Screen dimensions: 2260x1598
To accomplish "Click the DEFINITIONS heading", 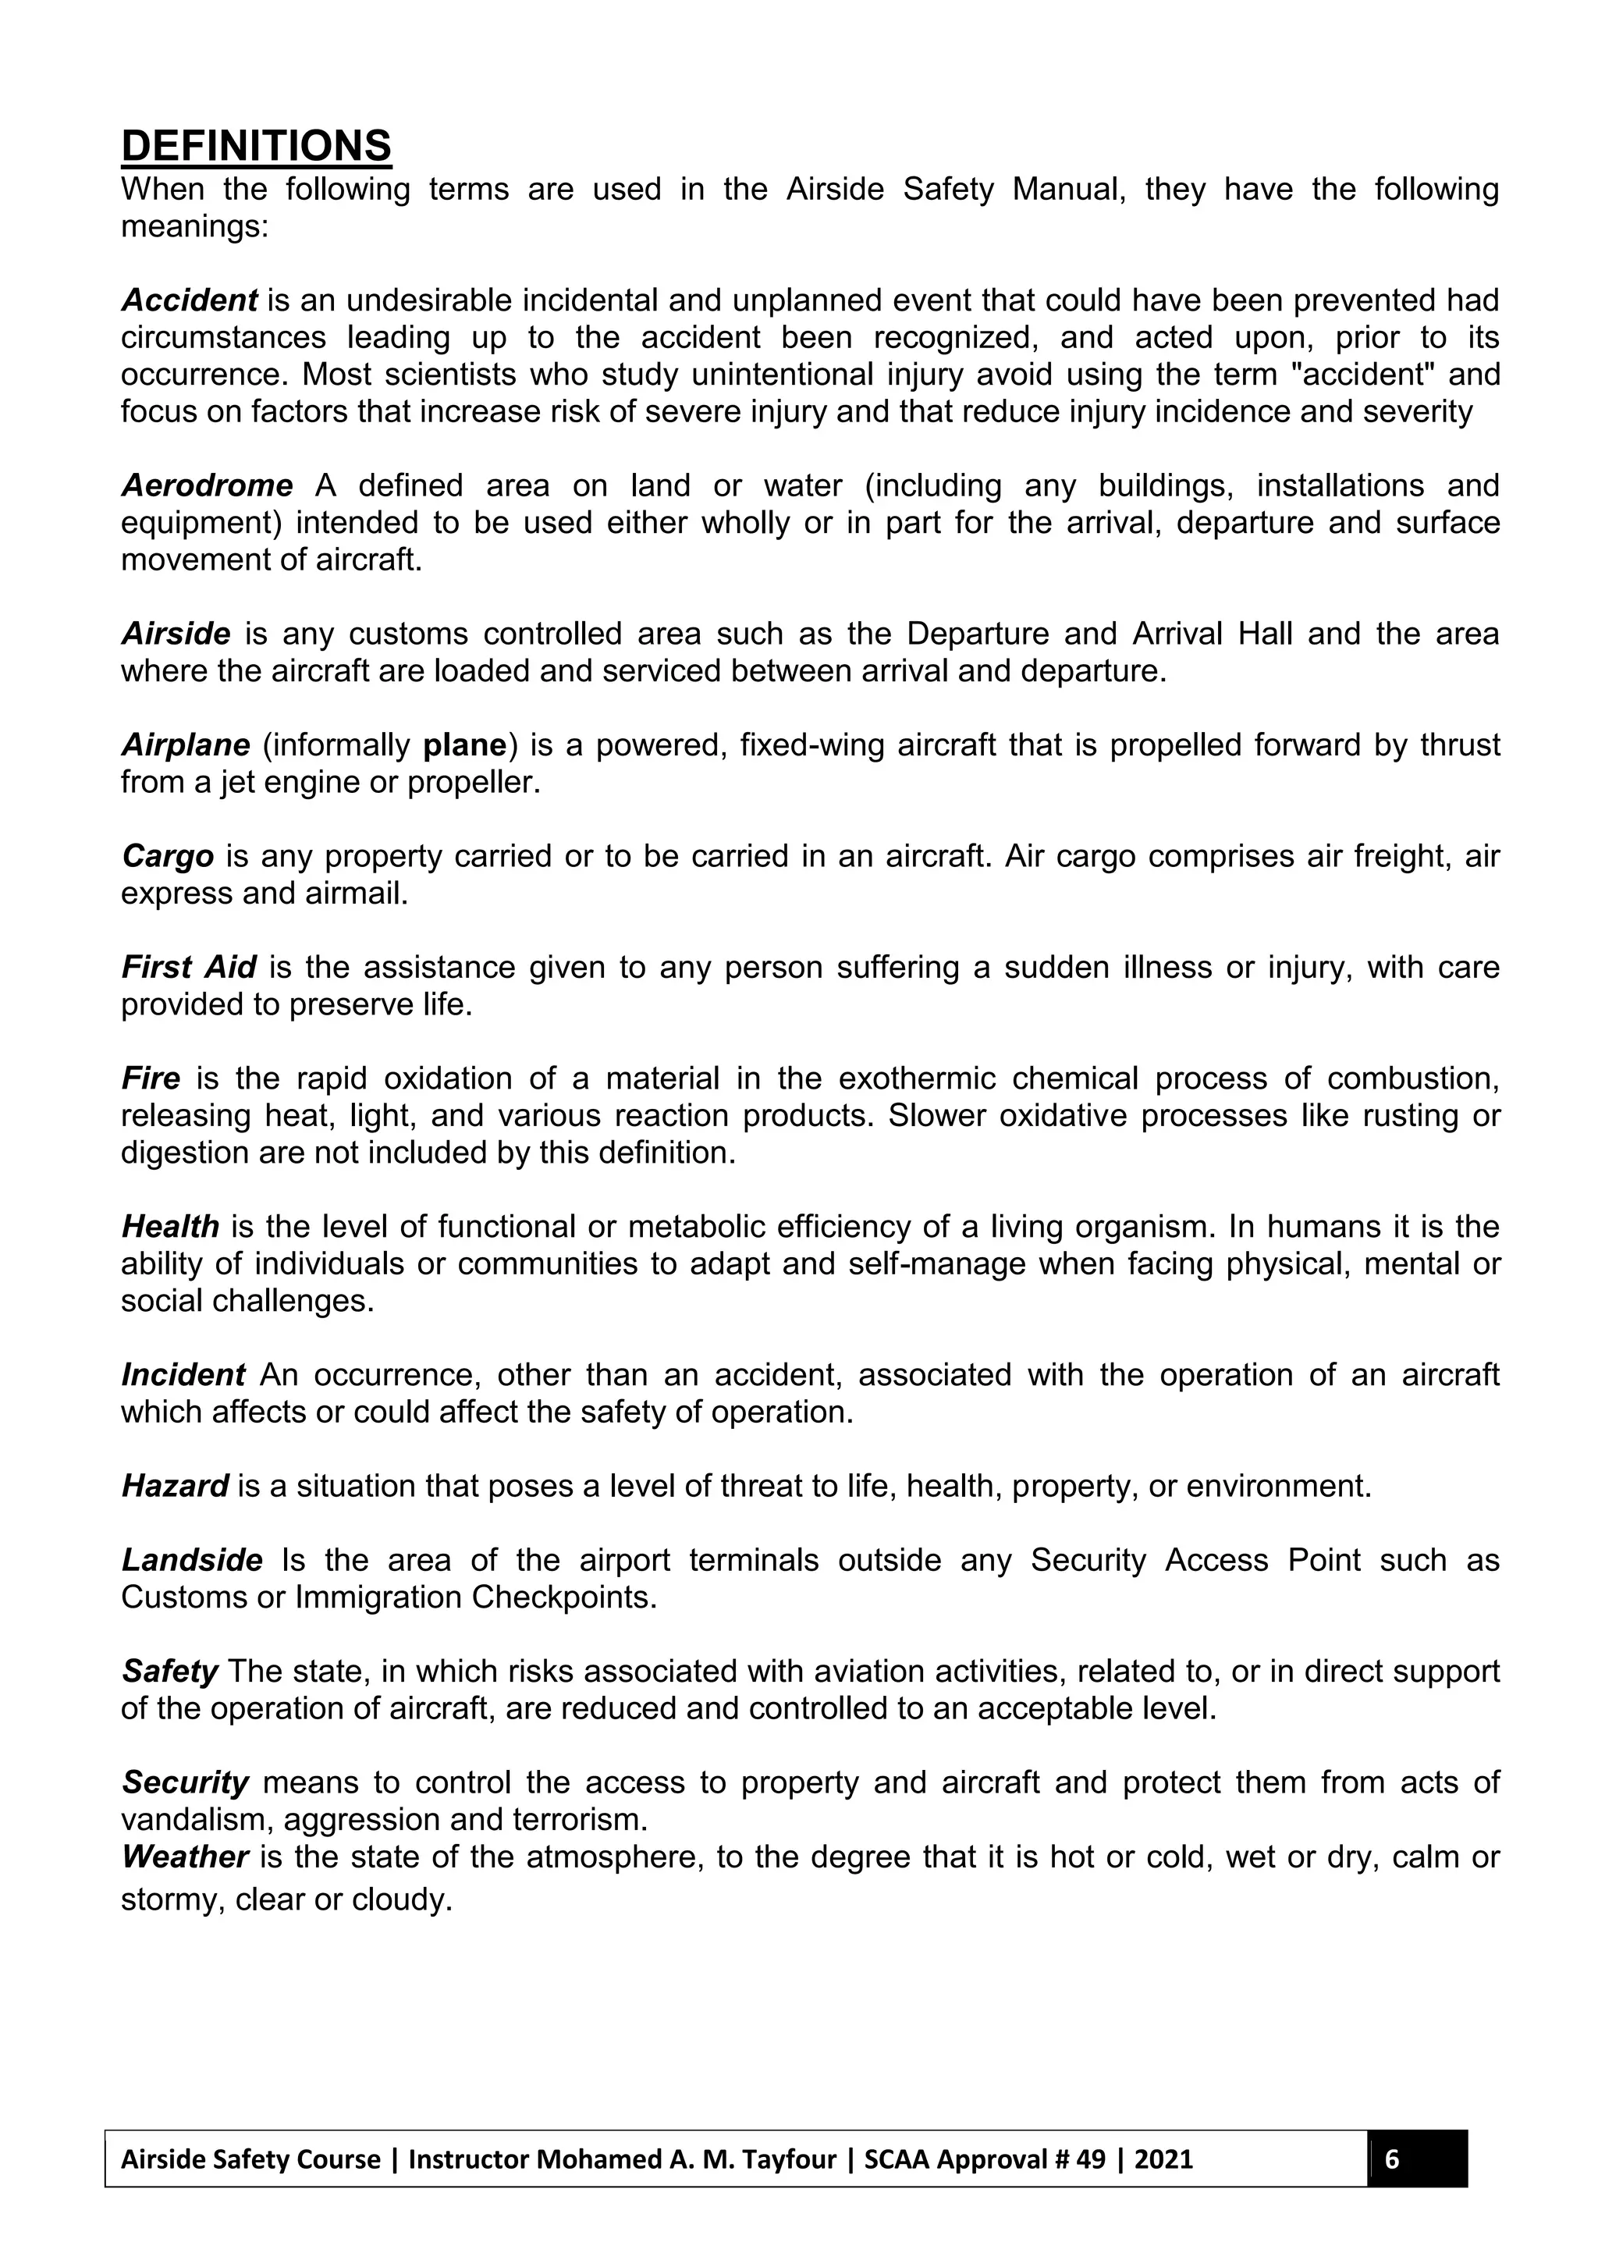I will coord(256,146).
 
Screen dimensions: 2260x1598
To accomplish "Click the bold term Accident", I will coord(189,299).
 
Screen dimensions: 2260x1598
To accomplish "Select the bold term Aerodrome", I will coord(207,485).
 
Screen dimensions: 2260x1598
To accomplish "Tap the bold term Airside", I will coord(176,634).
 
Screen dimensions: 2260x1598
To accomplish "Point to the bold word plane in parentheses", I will coord(464,745).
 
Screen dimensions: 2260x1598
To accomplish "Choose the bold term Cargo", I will coord(167,856).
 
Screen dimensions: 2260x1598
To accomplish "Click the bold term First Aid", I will coord(188,968).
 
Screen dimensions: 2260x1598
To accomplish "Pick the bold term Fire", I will coord(151,1078).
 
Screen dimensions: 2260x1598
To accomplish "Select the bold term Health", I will coord(170,1228).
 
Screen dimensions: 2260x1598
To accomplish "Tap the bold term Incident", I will coord(183,1375).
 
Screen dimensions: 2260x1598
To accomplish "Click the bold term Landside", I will coord(192,1560).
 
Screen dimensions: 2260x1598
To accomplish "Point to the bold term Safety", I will coord(169,1672).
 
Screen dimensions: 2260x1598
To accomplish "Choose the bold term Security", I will coord(185,1782).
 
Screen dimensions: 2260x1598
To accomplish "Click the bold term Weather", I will coord(184,1857).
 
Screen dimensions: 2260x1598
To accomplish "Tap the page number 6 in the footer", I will coord(1391,2159).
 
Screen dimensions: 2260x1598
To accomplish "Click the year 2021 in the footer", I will coord(1163,2159).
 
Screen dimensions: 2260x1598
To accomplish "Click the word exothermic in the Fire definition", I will coord(916,1078).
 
